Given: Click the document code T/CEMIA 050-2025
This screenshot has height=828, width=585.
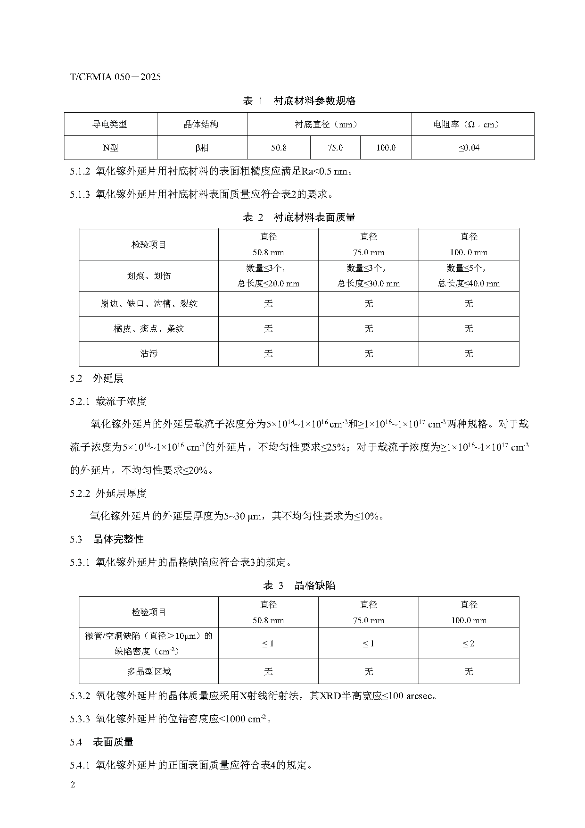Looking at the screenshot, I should pos(115,77).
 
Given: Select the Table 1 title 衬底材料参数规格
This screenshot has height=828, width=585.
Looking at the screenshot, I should pos(314,101).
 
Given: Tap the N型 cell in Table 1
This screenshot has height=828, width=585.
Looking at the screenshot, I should pos(111,148).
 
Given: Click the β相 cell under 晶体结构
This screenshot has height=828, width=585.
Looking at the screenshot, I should pos(202,148).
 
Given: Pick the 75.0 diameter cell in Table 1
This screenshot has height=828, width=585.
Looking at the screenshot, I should pos(335,148).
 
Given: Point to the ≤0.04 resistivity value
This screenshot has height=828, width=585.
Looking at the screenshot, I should pos(469,148).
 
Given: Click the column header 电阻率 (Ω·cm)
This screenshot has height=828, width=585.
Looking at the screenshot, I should pos(466,125).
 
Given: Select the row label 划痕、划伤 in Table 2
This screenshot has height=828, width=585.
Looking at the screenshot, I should pos(149,276).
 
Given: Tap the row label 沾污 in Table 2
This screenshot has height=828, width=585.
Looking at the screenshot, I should pos(149,354).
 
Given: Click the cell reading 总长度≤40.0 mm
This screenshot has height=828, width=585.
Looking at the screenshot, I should pos(469,284).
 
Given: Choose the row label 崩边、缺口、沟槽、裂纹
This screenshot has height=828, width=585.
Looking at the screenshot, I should pos(149,304).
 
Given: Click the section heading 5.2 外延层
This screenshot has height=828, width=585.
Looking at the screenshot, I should pos(97,378).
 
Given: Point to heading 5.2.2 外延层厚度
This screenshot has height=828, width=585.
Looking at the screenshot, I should pos(108,493).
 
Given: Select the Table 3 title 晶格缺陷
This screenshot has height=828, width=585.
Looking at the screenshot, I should pos(315,585).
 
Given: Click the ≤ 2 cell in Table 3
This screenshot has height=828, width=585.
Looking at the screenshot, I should pos(469,644).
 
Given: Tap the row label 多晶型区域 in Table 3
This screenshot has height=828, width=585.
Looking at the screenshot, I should pos(149,672).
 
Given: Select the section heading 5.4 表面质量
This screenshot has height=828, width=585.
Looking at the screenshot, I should pos(102,742).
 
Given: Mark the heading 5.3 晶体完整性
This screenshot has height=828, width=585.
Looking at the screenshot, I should pos(107,540).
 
